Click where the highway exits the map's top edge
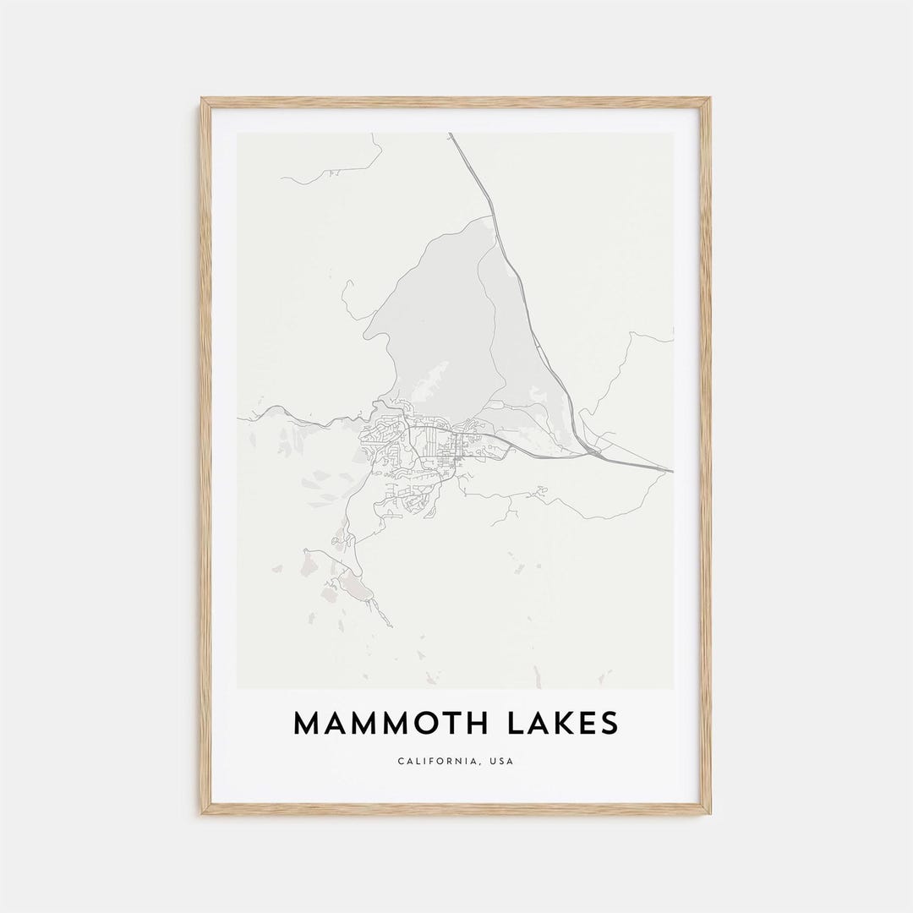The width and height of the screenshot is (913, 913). (x=451, y=134)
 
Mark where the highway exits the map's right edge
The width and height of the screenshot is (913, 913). (x=673, y=470)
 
